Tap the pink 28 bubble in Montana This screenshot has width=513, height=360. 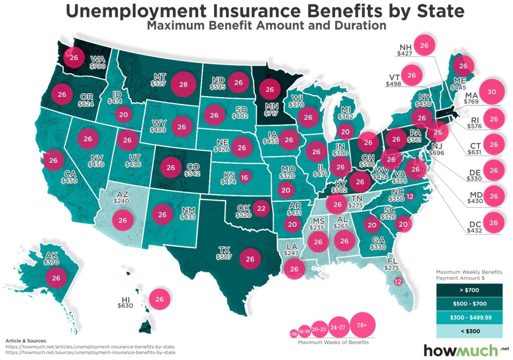coord(183,85)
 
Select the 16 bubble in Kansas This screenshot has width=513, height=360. coord(244,177)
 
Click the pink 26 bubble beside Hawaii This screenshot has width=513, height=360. coord(160,299)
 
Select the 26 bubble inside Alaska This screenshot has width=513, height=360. coord(56,277)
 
